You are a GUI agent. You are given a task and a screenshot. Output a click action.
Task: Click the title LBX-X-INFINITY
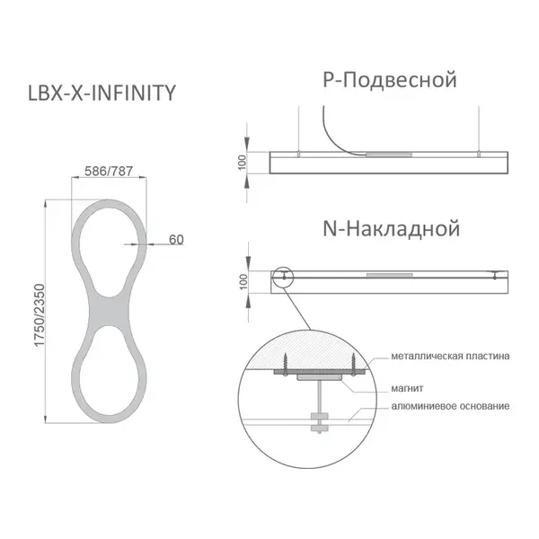(102, 93)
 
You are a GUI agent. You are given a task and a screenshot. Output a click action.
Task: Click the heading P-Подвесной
(390, 80)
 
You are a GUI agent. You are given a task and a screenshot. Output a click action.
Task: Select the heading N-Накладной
(391, 228)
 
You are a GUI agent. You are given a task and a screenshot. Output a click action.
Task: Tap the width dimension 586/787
(109, 171)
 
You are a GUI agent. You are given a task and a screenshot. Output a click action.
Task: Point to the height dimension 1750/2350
(40, 315)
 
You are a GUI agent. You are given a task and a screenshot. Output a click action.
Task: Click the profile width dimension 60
(176, 240)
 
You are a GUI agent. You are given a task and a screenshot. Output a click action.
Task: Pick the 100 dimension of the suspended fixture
(242, 163)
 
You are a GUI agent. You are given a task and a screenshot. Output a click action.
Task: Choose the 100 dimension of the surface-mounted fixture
(243, 282)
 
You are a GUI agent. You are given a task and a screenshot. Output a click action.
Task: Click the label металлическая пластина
(450, 356)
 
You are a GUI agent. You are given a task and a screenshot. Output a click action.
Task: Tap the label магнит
(407, 388)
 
